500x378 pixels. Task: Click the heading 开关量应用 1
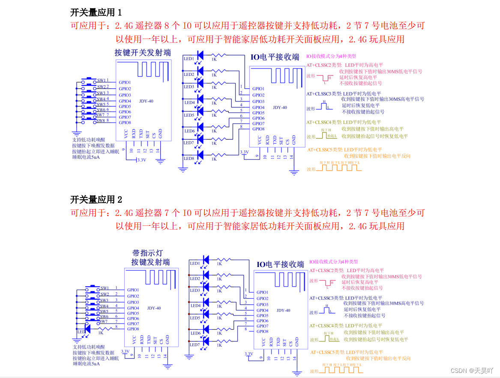point(96,12)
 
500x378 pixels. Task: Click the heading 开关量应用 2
point(96,199)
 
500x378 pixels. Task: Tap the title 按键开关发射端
point(142,52)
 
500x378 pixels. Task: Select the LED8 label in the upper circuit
point(189,159)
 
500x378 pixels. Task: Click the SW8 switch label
point(101,121)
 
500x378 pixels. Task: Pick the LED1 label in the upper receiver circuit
point(189,59)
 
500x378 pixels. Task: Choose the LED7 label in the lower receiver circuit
point(195,345)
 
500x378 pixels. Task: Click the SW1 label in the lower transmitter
point(105,288)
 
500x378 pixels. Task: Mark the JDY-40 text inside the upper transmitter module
point(146,101)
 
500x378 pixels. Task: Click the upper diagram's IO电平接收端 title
point(275,57)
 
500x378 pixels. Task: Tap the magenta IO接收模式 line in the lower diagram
point(333,261)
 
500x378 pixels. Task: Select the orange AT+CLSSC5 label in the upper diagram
point(325,150)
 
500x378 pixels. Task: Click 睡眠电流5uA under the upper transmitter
point(86,157)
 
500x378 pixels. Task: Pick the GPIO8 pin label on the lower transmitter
point(133,329)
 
